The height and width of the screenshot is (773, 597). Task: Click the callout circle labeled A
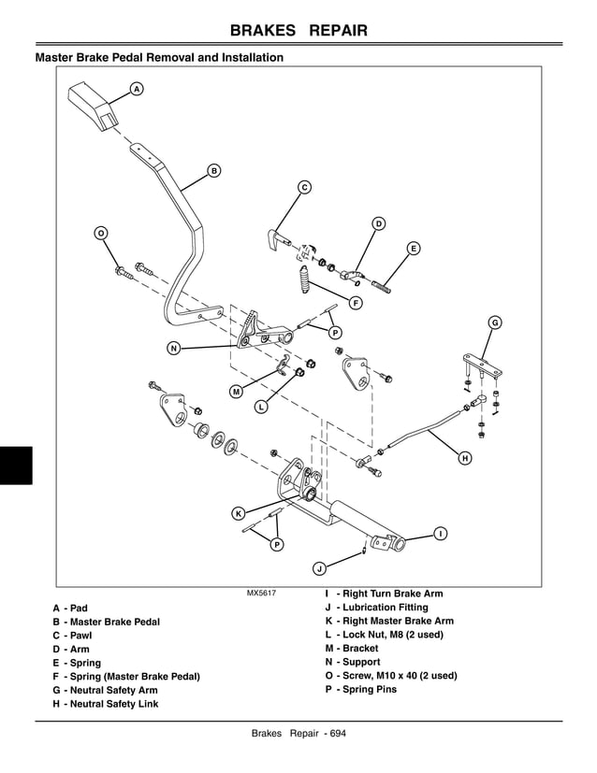136,89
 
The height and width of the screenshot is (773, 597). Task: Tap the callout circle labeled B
213,170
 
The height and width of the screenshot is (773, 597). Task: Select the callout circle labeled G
495,322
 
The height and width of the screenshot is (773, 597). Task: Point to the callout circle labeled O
101,232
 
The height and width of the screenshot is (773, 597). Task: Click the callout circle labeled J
319,567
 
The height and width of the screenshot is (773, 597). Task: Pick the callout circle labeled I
439,533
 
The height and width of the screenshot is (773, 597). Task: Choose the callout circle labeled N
173,349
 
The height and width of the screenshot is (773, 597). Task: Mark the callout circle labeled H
465,458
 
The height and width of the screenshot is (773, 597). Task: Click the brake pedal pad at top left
95,106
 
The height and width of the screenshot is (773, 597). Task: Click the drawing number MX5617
261,594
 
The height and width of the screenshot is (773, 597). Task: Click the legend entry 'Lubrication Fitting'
376,608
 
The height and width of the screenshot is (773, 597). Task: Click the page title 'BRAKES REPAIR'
298,32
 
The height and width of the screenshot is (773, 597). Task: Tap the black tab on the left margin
16,465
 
